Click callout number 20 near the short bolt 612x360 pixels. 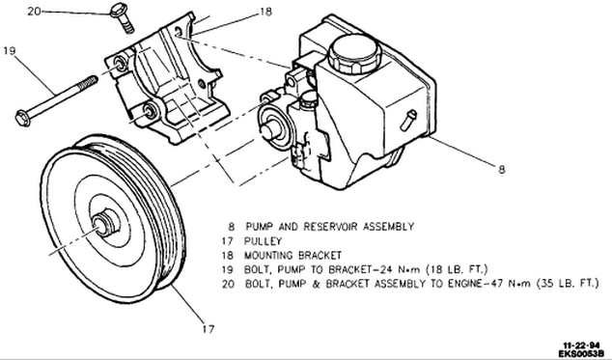tap(34, 12)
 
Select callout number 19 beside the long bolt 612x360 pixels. tap(10, 51)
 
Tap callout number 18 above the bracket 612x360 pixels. tap(265, 13)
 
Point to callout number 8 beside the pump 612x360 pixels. tap(502, 169)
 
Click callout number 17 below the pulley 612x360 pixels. tap(209, 329)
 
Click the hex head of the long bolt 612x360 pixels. tap(23, 119)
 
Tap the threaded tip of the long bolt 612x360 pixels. tap(89, 82)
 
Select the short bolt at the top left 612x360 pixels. tap(123, 17)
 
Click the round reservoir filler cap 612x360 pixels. tap(354, 53)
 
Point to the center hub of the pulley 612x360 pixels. tap(104, 224)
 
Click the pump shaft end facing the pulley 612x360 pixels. tap(269, 130)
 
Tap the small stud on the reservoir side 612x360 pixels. tap(408, 120)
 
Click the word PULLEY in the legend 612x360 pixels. tap(263, 241)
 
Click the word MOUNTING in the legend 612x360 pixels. tap(268, 256)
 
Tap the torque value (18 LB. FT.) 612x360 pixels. tap(457, 269)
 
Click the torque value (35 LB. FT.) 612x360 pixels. tap(568, 284)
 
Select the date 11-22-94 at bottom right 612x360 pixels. tap(581, 346)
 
